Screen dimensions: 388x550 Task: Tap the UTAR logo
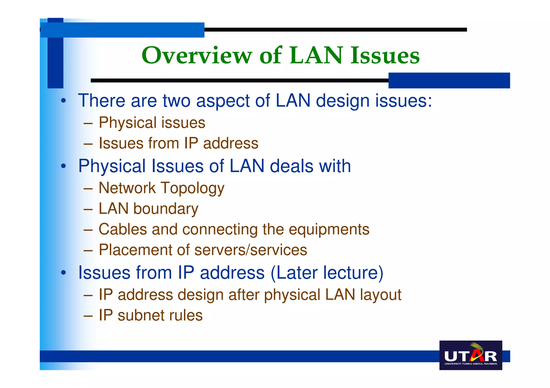pyautogui.click(x=471, y=355)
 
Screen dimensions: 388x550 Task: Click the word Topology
pyautogui.click(x=193, y=188)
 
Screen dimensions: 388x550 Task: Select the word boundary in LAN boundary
pyautogui.click(x=166, y=209)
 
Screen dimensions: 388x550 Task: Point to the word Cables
pyautogui.click(x=123, y=229)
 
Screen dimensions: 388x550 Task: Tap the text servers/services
pyautogui.click(x=251, y=250)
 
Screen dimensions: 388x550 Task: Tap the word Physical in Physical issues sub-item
pyautogui.click(x=128, y=123)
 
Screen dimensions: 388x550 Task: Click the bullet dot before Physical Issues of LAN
pyautogui.click(x=63, y=166)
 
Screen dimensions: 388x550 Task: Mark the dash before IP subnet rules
pyautogui.click(x=88, y=315)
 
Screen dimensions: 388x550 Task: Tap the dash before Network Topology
pyautogui.click(x=88, y=188)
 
